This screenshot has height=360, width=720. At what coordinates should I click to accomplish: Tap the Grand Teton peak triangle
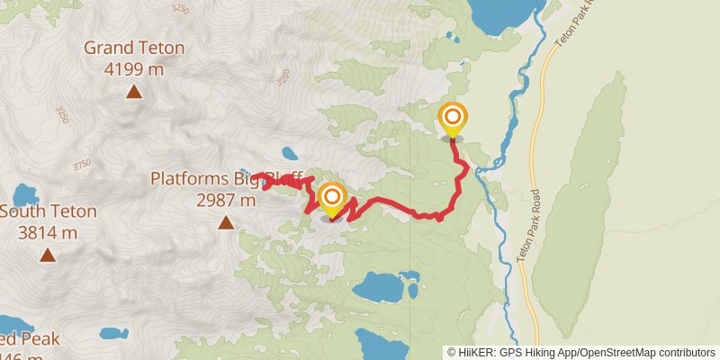click(133, 91)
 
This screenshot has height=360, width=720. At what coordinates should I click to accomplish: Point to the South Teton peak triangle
click(47, 256)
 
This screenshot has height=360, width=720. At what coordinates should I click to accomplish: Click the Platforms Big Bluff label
click(229, 178)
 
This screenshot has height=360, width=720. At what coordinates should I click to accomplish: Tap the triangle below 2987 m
click(225, 221)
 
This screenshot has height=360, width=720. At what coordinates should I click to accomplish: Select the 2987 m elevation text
click(226, 200)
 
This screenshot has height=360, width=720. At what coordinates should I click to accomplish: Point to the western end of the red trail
click(255, 175)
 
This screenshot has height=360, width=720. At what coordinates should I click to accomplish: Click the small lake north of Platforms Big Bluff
click(289, 153)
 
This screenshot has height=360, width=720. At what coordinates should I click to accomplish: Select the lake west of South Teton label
click(24, 194)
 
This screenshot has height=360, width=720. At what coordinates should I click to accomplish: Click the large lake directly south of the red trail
click(383, 288)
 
